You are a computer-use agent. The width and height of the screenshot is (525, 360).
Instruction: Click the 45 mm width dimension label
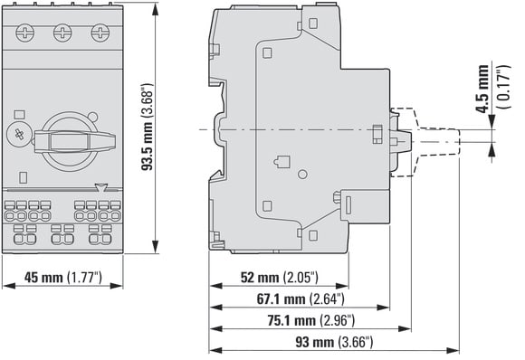63,278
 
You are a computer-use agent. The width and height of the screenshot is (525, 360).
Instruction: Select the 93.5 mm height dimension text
147,128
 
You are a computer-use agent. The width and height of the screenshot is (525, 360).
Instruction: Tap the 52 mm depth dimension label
279,278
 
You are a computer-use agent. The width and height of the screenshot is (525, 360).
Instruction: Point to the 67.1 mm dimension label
301,298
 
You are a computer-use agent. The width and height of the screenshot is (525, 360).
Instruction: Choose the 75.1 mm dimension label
310,320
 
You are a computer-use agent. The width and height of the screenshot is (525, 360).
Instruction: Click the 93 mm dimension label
334,342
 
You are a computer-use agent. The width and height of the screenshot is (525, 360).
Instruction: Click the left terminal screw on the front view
25,33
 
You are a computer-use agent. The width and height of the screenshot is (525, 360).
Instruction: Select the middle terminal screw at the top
62,33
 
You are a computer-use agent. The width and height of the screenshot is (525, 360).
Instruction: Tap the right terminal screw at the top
100,33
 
